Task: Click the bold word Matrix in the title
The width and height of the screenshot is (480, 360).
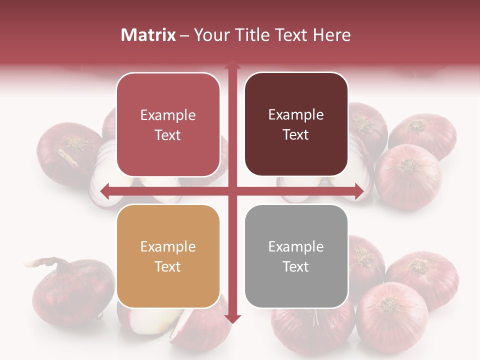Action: (148, 35)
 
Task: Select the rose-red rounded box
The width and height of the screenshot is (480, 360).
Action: (168, 124)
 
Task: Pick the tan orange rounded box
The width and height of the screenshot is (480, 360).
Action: (168, 256)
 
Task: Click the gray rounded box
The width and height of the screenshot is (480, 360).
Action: (296, 256)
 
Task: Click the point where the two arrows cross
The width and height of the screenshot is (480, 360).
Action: (232, 191)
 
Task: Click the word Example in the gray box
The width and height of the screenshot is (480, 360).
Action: (296, 246)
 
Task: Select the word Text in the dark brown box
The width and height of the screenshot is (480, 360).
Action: (296, 134)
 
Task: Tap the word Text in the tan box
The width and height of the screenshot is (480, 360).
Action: (168, 266)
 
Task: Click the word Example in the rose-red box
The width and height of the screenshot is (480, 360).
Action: (168, 115)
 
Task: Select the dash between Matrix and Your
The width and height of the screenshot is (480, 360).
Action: (184, 35)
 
